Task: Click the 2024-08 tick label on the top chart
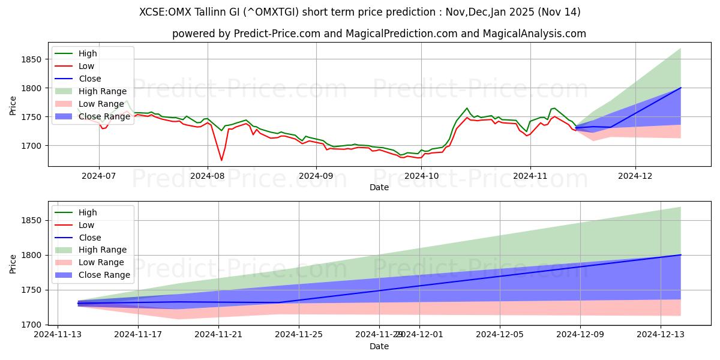pyautogui.click(x=208, y=175)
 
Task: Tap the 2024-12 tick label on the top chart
pyautogui.click(x=635, y=175)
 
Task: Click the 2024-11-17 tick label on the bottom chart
pyautogui.click(x=138, y=334)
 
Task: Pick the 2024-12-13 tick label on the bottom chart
pyautogui.click(x=661, y=334)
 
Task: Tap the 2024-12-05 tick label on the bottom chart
pyautogui.click(x=500, y=334)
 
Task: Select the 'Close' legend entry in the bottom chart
pyautogui.click(x=90, y=238)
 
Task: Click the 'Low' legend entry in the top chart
pyautogui.click(x=87, y=66)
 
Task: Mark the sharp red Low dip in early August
pyautogui.click(x=221, y=160)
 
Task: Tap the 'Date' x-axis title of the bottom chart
pyautogui.click(x=379, y=346)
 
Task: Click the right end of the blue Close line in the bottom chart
pyautogui.click(x=680, y=255)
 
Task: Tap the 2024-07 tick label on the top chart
pyautogui.click(x=99, y=175)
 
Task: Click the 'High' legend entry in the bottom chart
pyautogui.click(x=88, y=212)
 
